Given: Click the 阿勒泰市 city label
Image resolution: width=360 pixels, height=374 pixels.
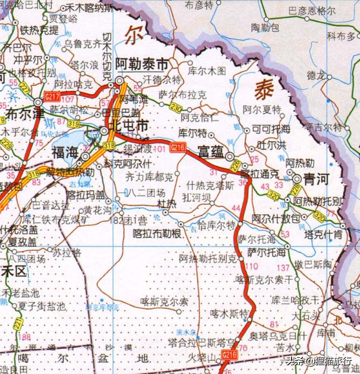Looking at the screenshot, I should pyautogui.click(x=142, y=65).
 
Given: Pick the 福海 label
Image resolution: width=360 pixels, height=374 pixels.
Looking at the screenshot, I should pyautogui.click(x=65, y=152).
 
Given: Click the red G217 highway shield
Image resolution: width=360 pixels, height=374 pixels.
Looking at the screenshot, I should pyautogui.click(x=52, y=97).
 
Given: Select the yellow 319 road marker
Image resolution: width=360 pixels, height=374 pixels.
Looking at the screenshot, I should pyautogui.click(x=73, y=124).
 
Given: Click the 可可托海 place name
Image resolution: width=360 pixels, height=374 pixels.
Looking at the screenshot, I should pyautogui.click(x=271, y=129).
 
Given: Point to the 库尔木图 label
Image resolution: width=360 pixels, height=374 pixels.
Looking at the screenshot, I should pyautogui.click(x=206, y=71).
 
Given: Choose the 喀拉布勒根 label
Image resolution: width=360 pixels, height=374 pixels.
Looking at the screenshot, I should pyautogui.click(x=157, y=233).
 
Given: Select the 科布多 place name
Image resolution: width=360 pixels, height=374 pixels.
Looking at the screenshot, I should pyautogui.click(x=341, y=36).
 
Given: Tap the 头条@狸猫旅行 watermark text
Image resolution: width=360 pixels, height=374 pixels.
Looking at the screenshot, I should pyautogui.click(x=319, y=361).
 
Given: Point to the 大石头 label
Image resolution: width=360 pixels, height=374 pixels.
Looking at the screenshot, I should pyautogui.click(x=305, y=317).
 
